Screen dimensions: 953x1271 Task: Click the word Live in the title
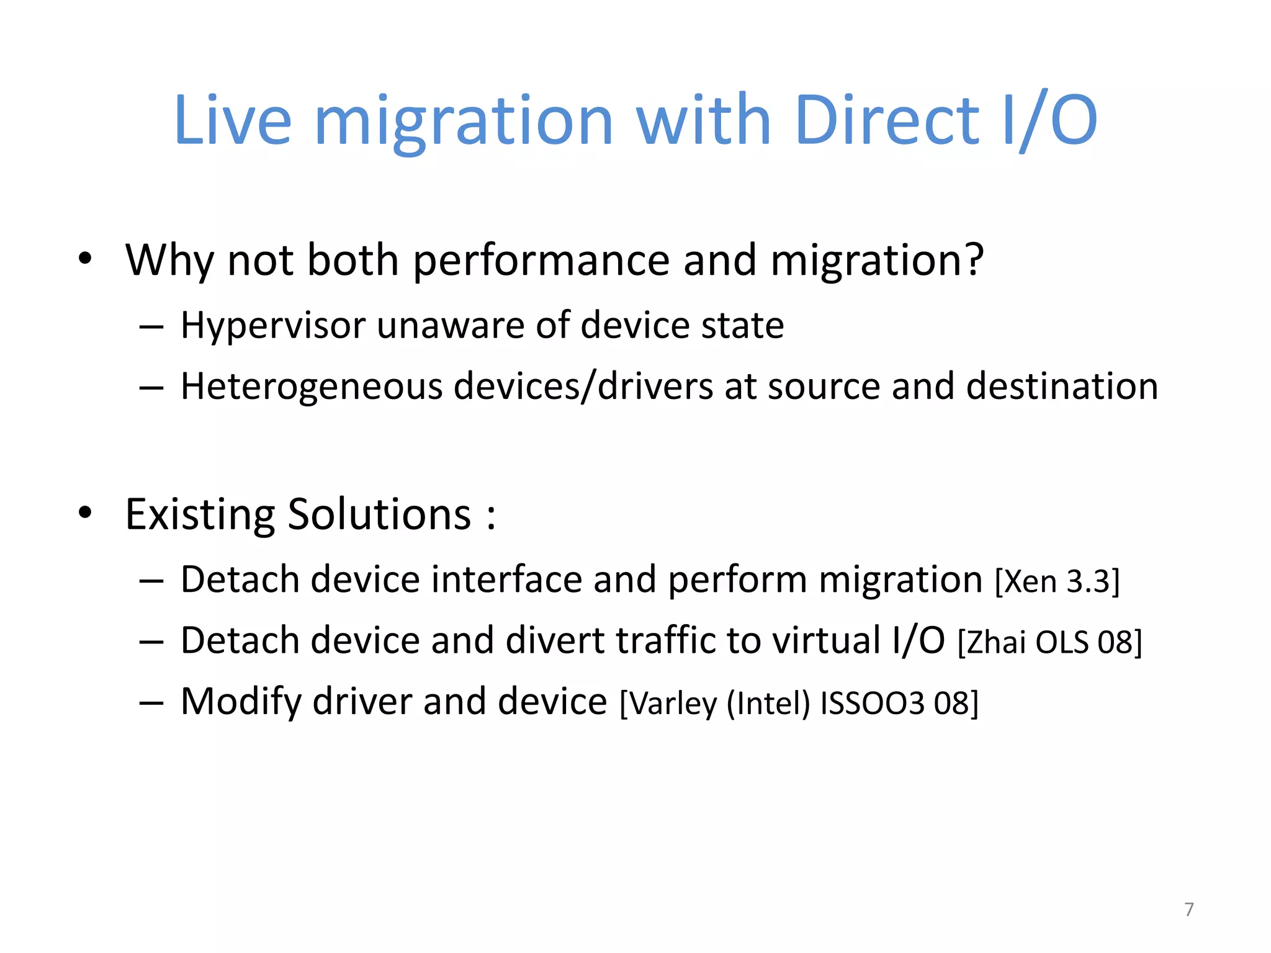point(233,120)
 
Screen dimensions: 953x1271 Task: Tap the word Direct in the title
point(887,120)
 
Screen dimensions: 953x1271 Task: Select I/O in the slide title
point(1050,120)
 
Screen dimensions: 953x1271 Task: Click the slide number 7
point(1188,910)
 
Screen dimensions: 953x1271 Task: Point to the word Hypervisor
point(272,325)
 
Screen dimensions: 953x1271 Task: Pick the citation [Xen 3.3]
point(1058,582)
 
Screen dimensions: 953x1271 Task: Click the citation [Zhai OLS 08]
point(1049,642)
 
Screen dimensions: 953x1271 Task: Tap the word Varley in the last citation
point(673,704)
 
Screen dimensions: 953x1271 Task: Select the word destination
point(1062,386)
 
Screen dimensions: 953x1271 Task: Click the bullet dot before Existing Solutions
point(85,512)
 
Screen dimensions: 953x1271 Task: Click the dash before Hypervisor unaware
point(151,326)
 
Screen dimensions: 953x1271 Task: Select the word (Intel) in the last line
point(768,704)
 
